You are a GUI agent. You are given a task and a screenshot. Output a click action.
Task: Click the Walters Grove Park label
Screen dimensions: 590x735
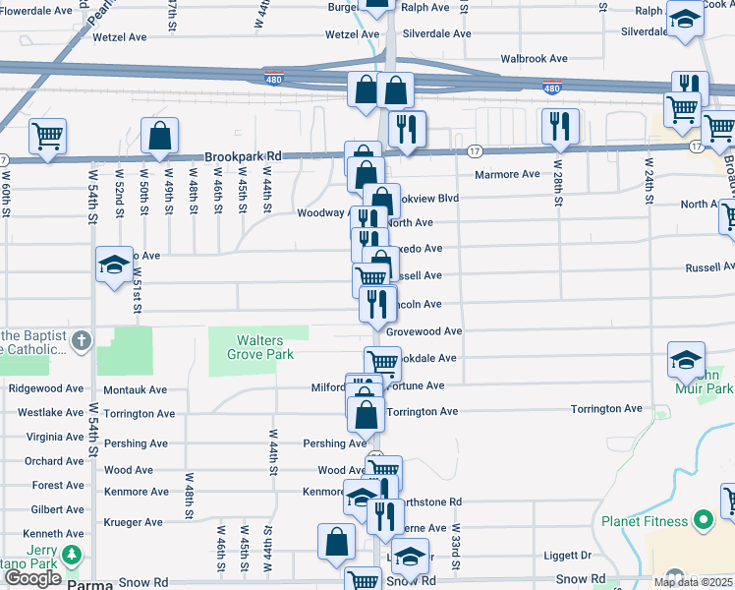[x=260, y=347]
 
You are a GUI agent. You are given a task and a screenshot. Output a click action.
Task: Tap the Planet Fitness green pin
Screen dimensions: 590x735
[x=703, y=519]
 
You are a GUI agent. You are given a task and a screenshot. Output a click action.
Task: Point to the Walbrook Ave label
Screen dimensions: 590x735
[x=535, y=59]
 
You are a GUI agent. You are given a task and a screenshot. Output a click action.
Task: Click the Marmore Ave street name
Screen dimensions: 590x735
[x=507, y=174]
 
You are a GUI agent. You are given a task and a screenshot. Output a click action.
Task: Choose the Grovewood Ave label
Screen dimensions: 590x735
[x=424, y=332]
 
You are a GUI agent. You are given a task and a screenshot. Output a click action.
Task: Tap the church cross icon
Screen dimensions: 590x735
[x=82, y=341]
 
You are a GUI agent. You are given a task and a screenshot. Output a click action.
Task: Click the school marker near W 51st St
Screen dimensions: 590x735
[x=115, y=265]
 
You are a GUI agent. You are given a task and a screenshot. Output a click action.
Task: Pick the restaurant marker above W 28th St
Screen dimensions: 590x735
[x=560, y=124]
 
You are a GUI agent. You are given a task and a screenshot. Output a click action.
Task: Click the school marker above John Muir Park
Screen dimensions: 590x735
[x=686, y=359]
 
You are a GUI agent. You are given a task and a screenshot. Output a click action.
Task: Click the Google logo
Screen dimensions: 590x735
[x=32, y=578]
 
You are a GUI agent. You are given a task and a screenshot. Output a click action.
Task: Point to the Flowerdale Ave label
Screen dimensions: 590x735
[x=37, y=10]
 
